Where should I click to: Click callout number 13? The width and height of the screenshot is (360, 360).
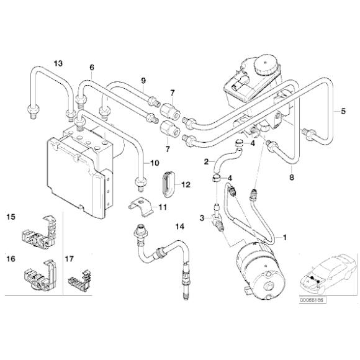pyautogui.click(x=58, y=64)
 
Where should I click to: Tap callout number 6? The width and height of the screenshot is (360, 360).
pyautogui.click(x=91, y=68)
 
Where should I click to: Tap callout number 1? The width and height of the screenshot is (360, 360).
pyautogui.click(x=285, y=237)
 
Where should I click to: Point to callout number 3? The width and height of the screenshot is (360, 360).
pyautogui.click(x=202, y=218)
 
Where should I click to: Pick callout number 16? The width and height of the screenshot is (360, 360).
pyautogui.click(x=11, y=256)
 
